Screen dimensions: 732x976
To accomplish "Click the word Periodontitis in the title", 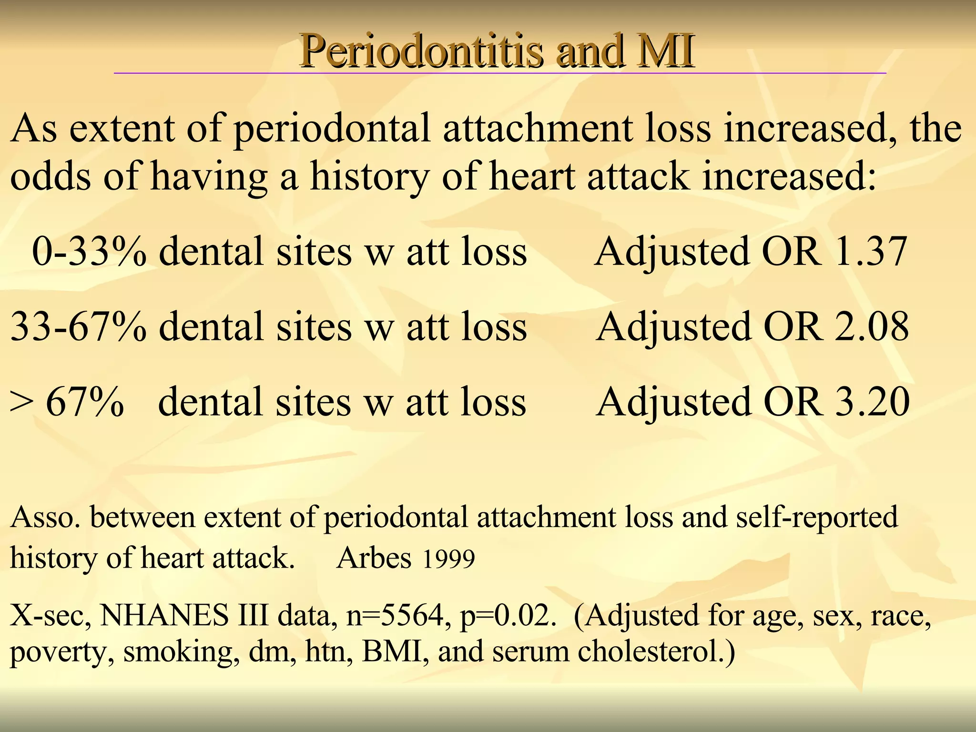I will (421, 51).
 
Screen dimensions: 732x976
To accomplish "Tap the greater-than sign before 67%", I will (22, 403).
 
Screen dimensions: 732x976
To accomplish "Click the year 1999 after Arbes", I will (448, 559).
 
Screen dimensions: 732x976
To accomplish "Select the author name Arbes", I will (374, 558).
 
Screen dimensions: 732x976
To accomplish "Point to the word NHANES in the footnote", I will (164, 615).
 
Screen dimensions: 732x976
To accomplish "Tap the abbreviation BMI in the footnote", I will (395, 651).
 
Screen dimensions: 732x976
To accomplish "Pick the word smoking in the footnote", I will (182, 652).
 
